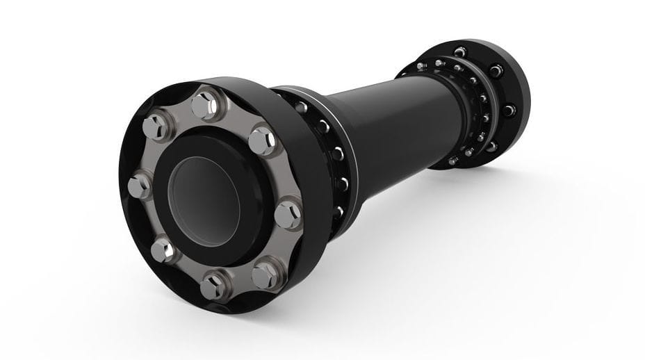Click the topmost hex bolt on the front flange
(x=204, y=105)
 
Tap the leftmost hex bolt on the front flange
(x=139, y=186)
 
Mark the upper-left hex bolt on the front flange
(x=156, y=126)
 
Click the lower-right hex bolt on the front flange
(x=267, y=275)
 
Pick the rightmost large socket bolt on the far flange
(x=509, y=111)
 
